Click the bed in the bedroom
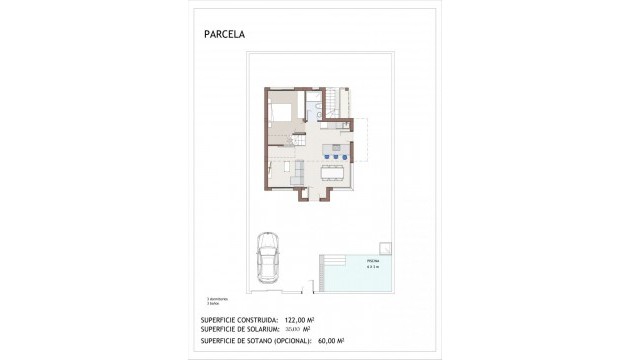click(x=280, y=109)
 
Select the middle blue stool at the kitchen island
click(x=336, y=156)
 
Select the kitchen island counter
click(x=336, y=148)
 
